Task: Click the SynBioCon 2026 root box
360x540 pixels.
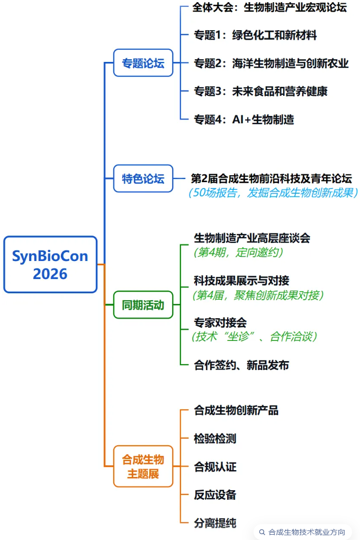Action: (50, 265)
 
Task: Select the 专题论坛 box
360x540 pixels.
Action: (143, 62)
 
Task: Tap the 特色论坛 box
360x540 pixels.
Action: (143, 178)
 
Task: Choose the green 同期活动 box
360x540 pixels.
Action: (143, 305)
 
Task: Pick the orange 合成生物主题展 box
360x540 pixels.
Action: (143, 466)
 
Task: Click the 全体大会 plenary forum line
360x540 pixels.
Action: (269, 7)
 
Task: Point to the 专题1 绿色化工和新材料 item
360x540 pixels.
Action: (255, 35)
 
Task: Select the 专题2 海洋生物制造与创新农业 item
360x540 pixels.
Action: (271, 63)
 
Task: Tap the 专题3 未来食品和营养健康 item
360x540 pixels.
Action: (260, 91)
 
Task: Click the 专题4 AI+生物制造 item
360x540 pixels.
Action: (244, 120)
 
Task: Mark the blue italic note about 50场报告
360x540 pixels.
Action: (273, 193)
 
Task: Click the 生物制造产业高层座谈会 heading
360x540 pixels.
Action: (252, 238)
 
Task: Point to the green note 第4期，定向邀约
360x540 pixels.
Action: (238, 253)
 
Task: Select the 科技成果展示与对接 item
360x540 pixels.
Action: (241, 281)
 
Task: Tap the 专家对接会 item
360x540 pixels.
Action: (220, 322)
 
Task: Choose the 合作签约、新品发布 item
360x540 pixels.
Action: (241, 365)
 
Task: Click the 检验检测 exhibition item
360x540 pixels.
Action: (215, 438)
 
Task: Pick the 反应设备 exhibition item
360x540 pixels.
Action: (215, 494)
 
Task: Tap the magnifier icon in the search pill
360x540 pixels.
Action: (262, 532)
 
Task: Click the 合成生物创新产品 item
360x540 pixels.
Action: (236, 410)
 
